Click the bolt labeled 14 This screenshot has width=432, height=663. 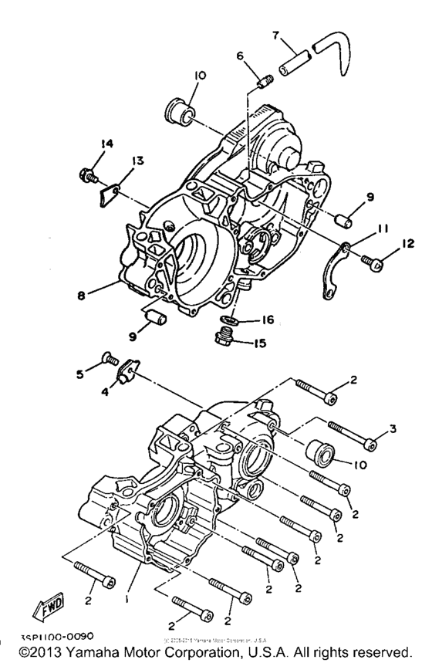(86, 174)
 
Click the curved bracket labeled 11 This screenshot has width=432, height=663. (333, 264)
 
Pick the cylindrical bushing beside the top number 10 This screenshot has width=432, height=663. (180, 109)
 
